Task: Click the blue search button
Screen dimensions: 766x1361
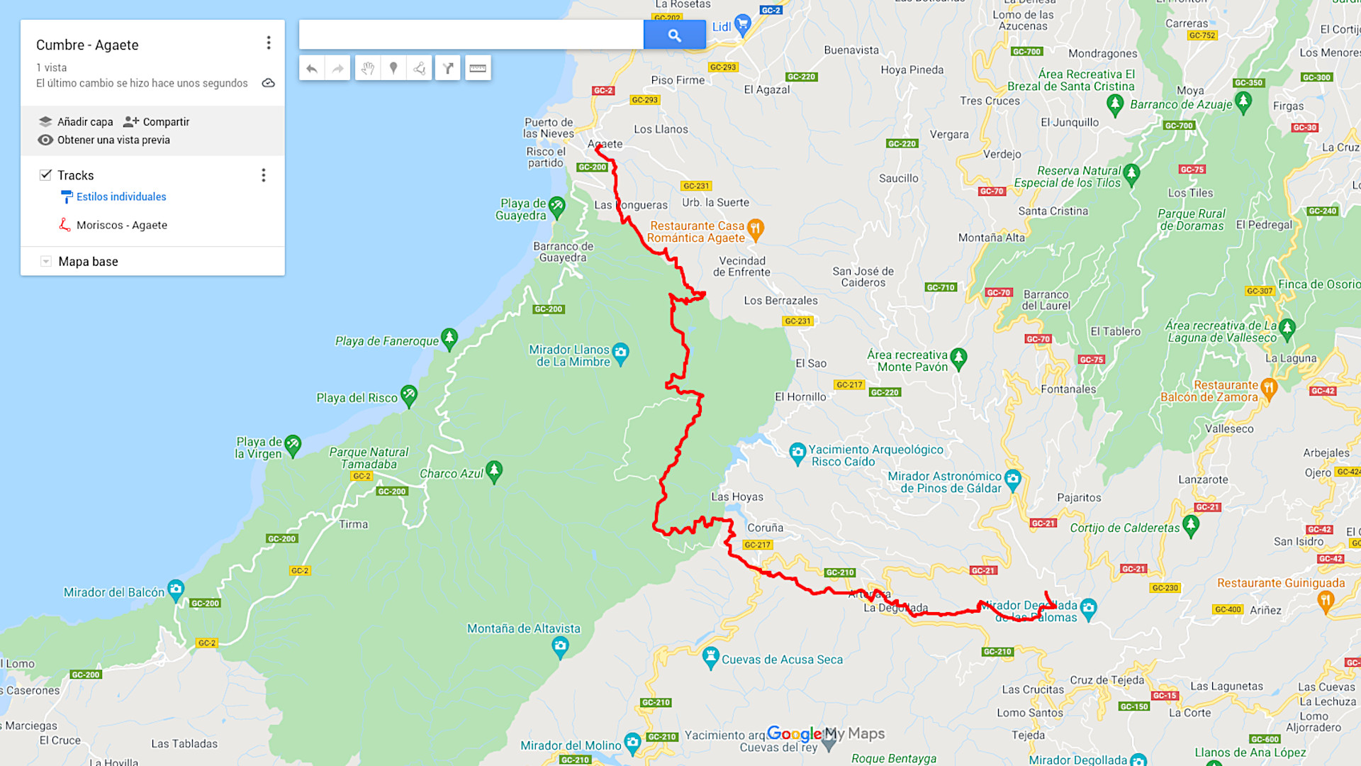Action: (674, 35)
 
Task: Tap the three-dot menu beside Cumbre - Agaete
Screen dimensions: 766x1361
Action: (269, 43)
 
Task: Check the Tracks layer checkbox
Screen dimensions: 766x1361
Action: (46, 174)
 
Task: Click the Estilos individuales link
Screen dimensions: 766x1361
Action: (121, 196)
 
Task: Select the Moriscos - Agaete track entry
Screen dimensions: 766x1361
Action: (121, 225)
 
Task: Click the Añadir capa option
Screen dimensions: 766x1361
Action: (76, 121)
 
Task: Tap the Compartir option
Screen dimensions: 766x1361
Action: (157, 121)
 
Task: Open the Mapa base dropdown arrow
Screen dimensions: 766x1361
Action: (46, 261)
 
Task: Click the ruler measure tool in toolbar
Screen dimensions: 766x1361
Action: (478, 68)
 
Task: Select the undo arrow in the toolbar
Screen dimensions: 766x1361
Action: (311, 68)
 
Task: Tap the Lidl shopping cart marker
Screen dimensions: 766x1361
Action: (742, 25)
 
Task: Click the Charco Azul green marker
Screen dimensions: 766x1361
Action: (494, 470)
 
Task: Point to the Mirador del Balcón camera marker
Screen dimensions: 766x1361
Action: (176, 589)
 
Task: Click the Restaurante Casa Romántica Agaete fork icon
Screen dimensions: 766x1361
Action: (755, 228)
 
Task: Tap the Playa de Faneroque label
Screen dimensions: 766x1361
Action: (387, 341)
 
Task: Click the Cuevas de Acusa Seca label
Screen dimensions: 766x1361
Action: (782, 660)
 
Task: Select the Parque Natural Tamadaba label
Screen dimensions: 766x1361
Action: (369, 458)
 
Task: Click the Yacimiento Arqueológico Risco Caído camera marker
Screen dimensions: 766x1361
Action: (797, 451)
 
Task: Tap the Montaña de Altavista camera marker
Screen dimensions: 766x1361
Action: (560, 645)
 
